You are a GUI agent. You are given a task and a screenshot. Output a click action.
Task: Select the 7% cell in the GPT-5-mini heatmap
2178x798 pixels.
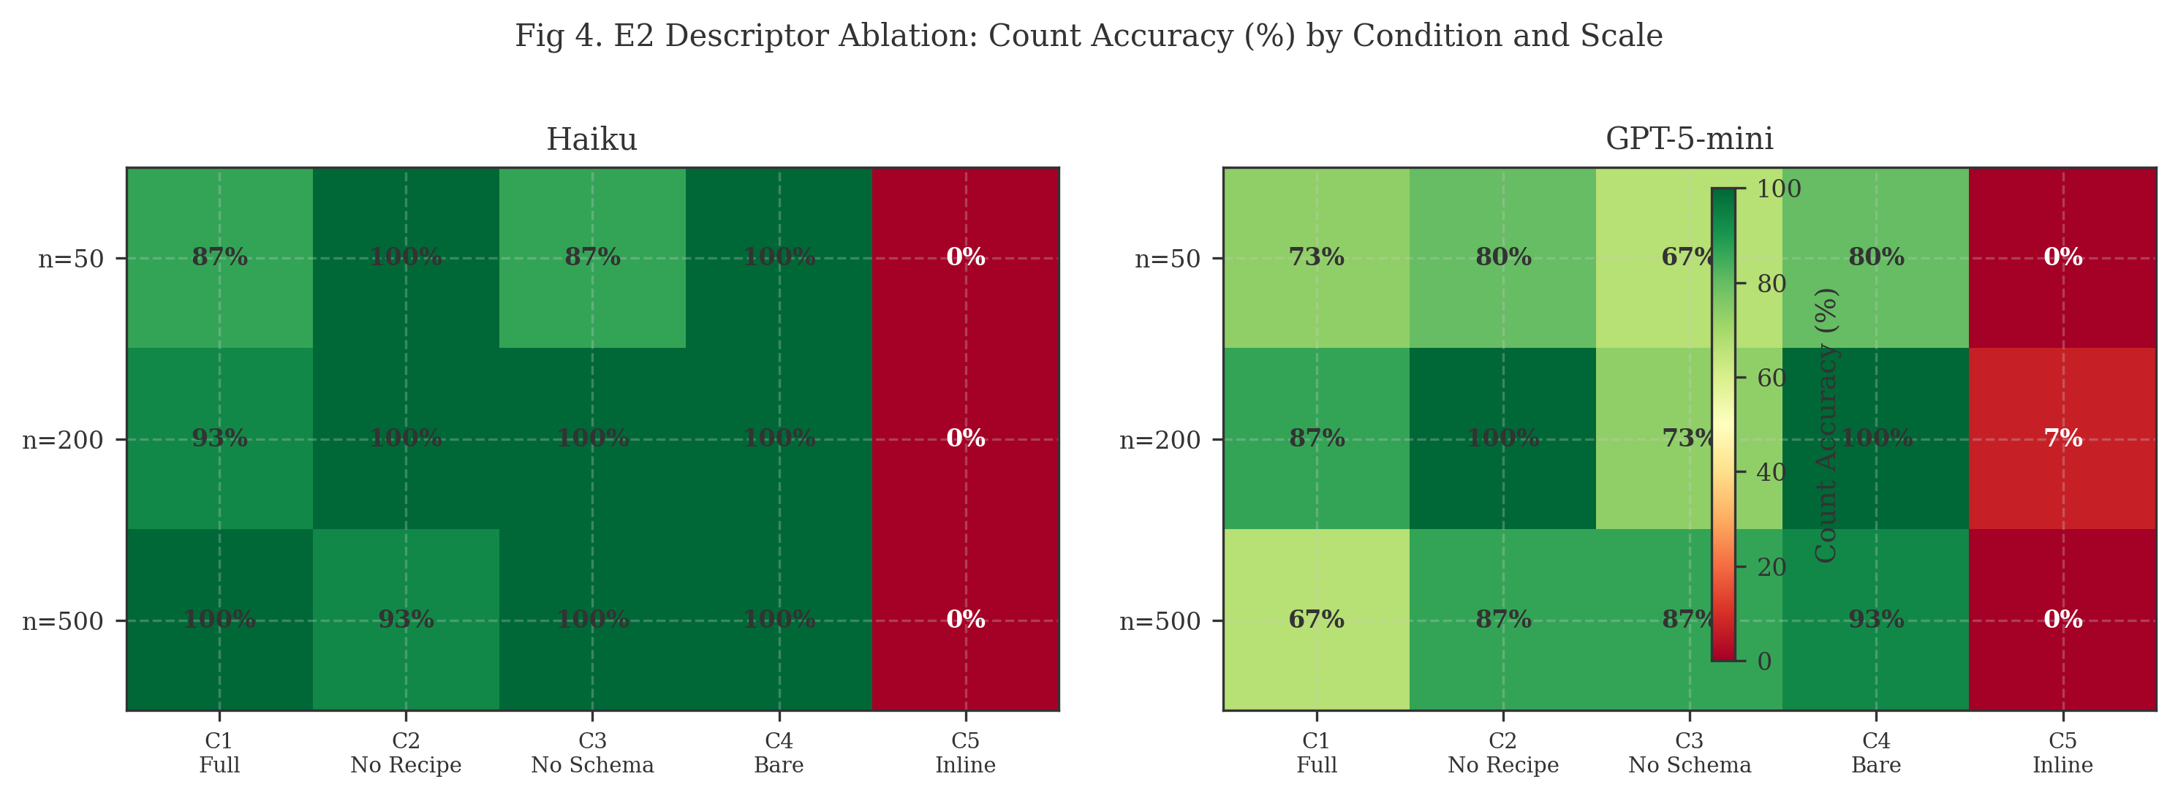click(2062, 438)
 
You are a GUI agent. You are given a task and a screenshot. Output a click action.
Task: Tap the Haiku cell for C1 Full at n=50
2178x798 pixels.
click(220, 257)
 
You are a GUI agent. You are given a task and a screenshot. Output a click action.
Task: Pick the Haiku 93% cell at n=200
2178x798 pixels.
click(220, 438)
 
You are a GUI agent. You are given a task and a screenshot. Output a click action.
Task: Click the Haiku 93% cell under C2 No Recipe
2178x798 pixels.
click(406, 620)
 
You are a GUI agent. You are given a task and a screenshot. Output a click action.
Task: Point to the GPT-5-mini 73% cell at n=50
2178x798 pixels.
click(1317, 257)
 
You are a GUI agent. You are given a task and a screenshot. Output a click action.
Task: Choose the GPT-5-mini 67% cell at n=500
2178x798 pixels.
click(1317, 620)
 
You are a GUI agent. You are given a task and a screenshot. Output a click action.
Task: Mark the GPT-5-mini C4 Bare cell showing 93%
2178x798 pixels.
click(1875, 620)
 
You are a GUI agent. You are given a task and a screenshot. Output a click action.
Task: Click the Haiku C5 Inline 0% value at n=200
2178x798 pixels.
click(965, 438)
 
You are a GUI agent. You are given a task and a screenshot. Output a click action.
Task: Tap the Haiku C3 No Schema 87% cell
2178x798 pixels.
click(592, 257)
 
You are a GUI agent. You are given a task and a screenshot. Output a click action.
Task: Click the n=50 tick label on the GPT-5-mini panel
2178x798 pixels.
click(1167, 259)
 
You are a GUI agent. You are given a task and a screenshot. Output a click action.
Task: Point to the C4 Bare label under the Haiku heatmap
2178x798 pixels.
click(779, 753)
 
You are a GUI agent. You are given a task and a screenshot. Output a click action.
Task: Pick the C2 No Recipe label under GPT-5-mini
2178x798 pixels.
click(1502, 753)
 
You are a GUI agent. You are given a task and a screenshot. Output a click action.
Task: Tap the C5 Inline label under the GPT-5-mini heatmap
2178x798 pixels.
click(2062, 753)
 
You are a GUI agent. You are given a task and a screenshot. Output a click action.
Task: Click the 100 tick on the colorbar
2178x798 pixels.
click(1778, 189)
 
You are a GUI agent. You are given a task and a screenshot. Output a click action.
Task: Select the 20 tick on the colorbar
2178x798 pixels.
click(1771, 567)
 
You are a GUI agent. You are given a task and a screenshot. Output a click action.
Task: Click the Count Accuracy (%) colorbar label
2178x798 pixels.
click(1827, 425)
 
